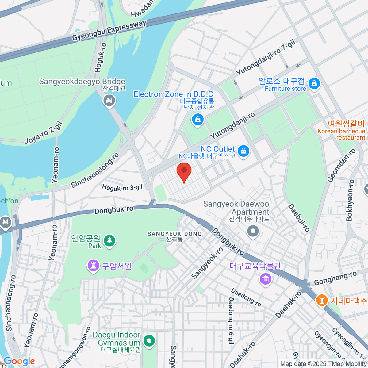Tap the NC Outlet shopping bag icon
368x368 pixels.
click(x=243, y=151)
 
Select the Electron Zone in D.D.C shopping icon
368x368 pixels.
click(x=198, y=119)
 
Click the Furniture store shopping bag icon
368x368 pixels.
click(x=314, y=83)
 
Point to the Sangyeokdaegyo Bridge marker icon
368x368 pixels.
click(x=109, y=100)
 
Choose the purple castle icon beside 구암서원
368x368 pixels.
click(x=93, y=266)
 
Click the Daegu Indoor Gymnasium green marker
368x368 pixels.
click(x=149, y=341)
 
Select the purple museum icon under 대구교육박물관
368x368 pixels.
click(x=266, y=279)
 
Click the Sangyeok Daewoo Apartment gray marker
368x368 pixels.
click(x=253, y=231)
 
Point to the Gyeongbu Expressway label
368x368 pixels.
click(x=109, y=31)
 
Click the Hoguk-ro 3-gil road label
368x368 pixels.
click(x=122, y=187)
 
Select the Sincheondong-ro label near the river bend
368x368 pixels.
click(x=95, y=170)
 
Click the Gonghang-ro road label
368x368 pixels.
click(x=335, y=278)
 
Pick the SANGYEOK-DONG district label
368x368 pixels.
click(x=174, y=234)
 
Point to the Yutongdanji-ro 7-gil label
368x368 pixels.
click(x=266, y=58)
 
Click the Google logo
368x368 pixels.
click(x=19, y=361)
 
